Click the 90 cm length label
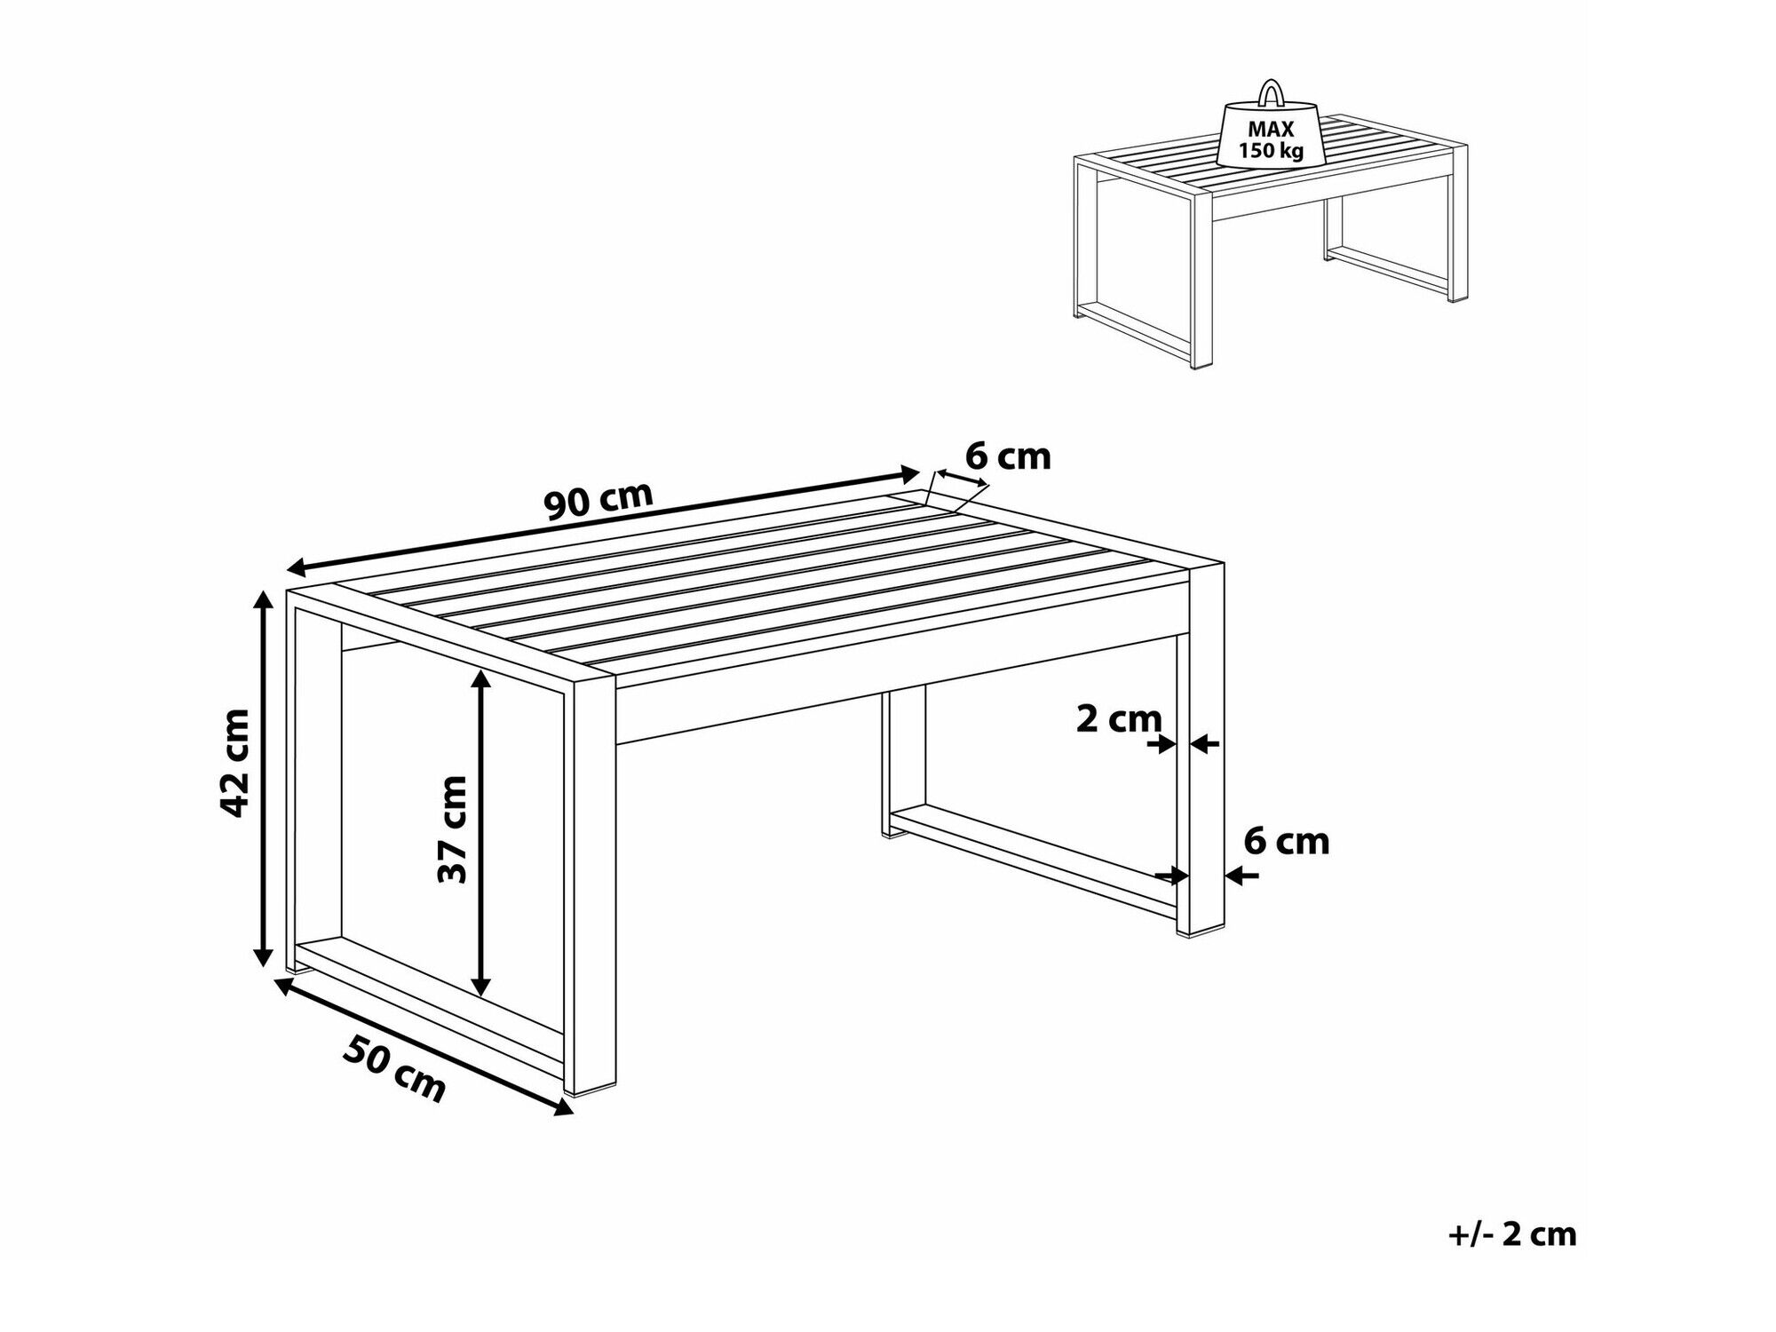(599, 502)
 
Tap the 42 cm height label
(235, 762)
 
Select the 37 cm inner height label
(452, 829)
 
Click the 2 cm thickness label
(1118, 718)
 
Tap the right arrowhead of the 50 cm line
(563, 1106)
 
